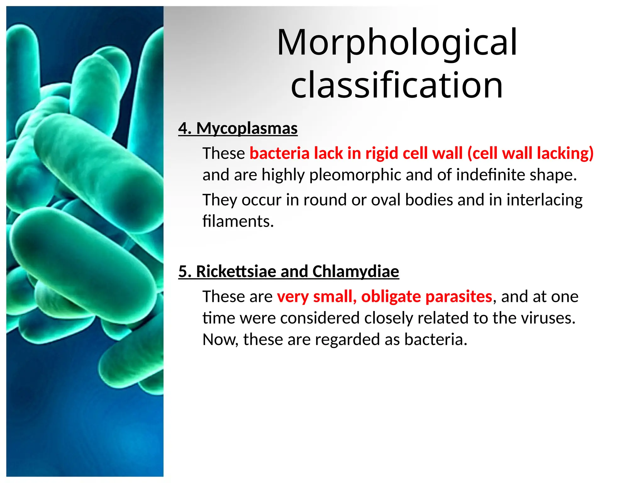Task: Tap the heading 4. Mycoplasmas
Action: pyautogui.click(x=238, y=129)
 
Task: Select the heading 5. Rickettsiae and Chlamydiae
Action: pyautogui.click(x=288, y=271)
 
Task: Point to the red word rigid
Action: pyautogui.click(x=381, y=153)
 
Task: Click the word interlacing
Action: pyautogui.click(x=544, y=200)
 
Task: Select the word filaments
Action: pyautogui.click(x=238, y=221)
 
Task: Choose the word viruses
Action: pyautogui.click(x=548, y=318)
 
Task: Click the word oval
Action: pyautogui.click(x=386, y=200)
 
